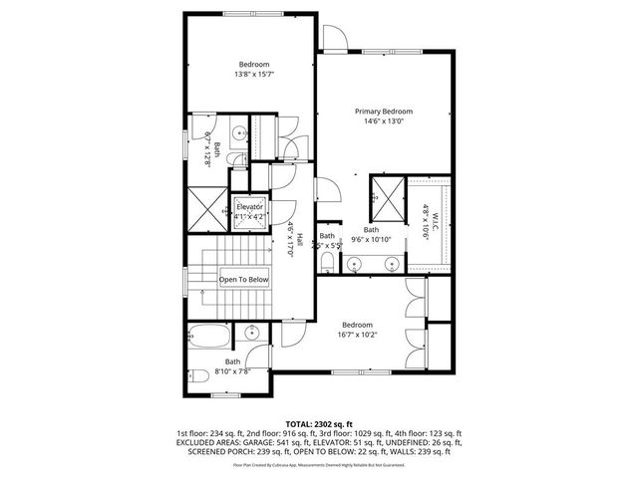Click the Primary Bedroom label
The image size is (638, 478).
pyautogui.click(x=384, y=112)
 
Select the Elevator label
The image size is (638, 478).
pyautogui.click(x=249, y=206)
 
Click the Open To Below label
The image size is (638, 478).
pyautogui.click(x=244, y=280)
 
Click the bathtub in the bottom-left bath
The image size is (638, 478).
pyautogui.click(x=210, y=336)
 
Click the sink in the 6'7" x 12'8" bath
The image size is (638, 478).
pyautogui.click(x=241, y=133)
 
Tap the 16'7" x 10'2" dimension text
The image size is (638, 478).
pyautogui.click(x=357, y=336)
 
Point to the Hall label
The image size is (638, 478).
pyautogui.click(x=297, y=239)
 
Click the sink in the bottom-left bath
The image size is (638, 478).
pyautogui.click(x=252, y=335)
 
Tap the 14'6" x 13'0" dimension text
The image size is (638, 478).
pyautogui.click(x=384, y=121)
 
